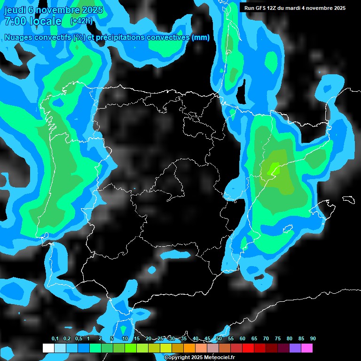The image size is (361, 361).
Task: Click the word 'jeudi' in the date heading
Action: tap(15, 10)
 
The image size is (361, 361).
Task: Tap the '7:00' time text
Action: tap(16, 21)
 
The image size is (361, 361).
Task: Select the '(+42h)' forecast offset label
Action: tap(81, 21)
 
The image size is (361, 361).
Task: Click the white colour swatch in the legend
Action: tap(48, 348)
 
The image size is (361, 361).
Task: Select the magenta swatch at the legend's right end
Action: tap(306, 348)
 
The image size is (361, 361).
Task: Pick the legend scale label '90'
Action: tap(313, 339)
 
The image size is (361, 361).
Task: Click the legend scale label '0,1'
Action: tap(55, 339)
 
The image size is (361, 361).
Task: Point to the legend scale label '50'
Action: tap(219, 339)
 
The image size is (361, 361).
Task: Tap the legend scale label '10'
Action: tap(125, 339)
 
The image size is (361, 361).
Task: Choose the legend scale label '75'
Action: tap(278, 339)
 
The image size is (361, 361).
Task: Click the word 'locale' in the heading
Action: tap(46, 21)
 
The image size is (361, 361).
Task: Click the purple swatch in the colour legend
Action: tap(295, 348)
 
